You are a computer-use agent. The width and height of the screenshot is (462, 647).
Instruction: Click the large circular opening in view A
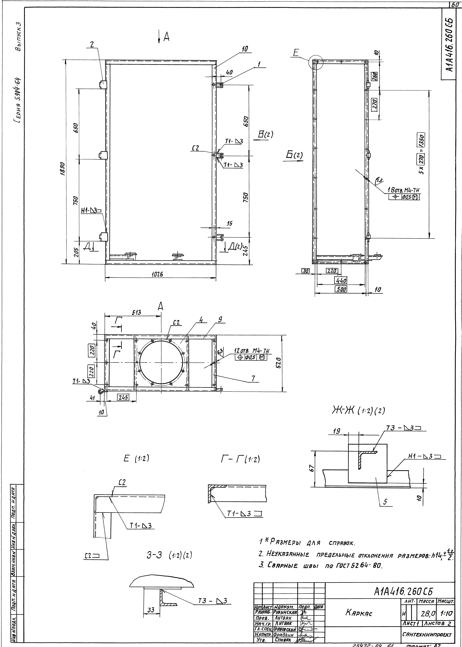pyautogui.click(x=161, y=362)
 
